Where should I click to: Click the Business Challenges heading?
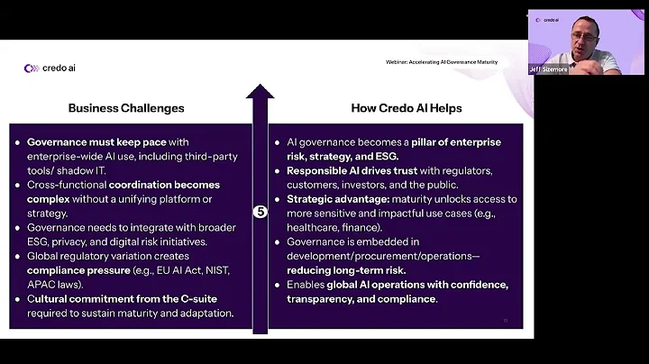[126, 108]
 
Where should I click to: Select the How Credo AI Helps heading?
[406, 108]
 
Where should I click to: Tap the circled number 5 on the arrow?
[261, 212]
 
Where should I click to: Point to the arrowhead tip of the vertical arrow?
[261, 86]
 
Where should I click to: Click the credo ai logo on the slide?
[50, 68]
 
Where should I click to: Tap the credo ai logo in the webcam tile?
[547, 19]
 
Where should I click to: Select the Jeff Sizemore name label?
[549, 68]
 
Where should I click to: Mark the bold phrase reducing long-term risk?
[346, 270]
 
